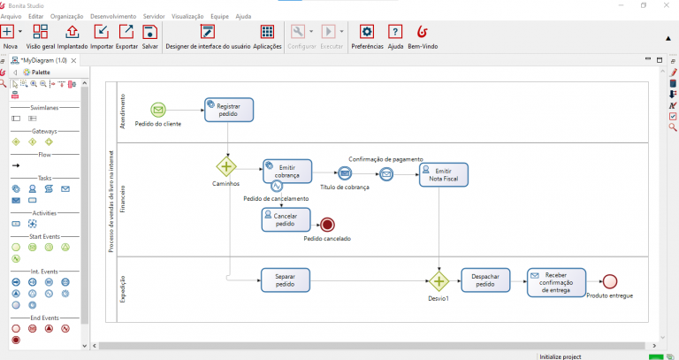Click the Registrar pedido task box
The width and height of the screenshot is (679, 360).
coord(229,110)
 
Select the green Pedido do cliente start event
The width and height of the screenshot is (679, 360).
coord(158,110)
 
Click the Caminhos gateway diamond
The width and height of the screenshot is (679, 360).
coord(227,166)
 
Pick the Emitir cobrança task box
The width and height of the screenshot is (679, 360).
coord(287,170)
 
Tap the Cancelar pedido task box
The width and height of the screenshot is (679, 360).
coord(286,219)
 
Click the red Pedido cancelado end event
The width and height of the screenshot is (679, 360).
coord(328,225)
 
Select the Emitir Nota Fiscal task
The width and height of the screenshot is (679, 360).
coord(444,174)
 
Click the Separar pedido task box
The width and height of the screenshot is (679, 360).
coord(286,280)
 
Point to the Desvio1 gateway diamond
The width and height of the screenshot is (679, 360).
coord(439,281)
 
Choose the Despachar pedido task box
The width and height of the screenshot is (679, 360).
coord(485,280)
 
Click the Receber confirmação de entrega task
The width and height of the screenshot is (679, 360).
coord(556,280)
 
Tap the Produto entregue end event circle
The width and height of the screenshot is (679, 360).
coord(609,281)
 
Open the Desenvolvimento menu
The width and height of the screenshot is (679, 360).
coord(113,16)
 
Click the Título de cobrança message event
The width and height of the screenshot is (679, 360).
coord(345,173)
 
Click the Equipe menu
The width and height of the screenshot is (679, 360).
coord(219,16)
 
